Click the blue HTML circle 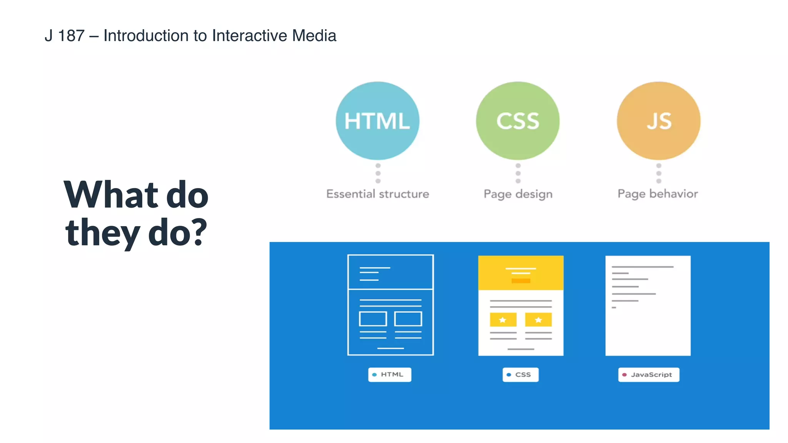coord(377,121)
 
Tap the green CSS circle coord(518,121)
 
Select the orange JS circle coord(659,121)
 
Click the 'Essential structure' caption coord(377,194)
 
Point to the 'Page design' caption coord(518,194)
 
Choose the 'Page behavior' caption coord(658,194)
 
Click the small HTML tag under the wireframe coord(390,375)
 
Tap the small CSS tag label coord(520,375)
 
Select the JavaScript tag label coord(649,375)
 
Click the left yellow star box coord(503,320)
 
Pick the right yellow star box coord(538,320)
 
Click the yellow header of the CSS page coord(521,273)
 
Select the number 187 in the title coord(71,36)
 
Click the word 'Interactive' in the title coord(249,36)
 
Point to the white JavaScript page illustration coord(648,306)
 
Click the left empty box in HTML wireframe coord(373,319)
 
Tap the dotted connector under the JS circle coord(659,173)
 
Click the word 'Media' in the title coord(314,36)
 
